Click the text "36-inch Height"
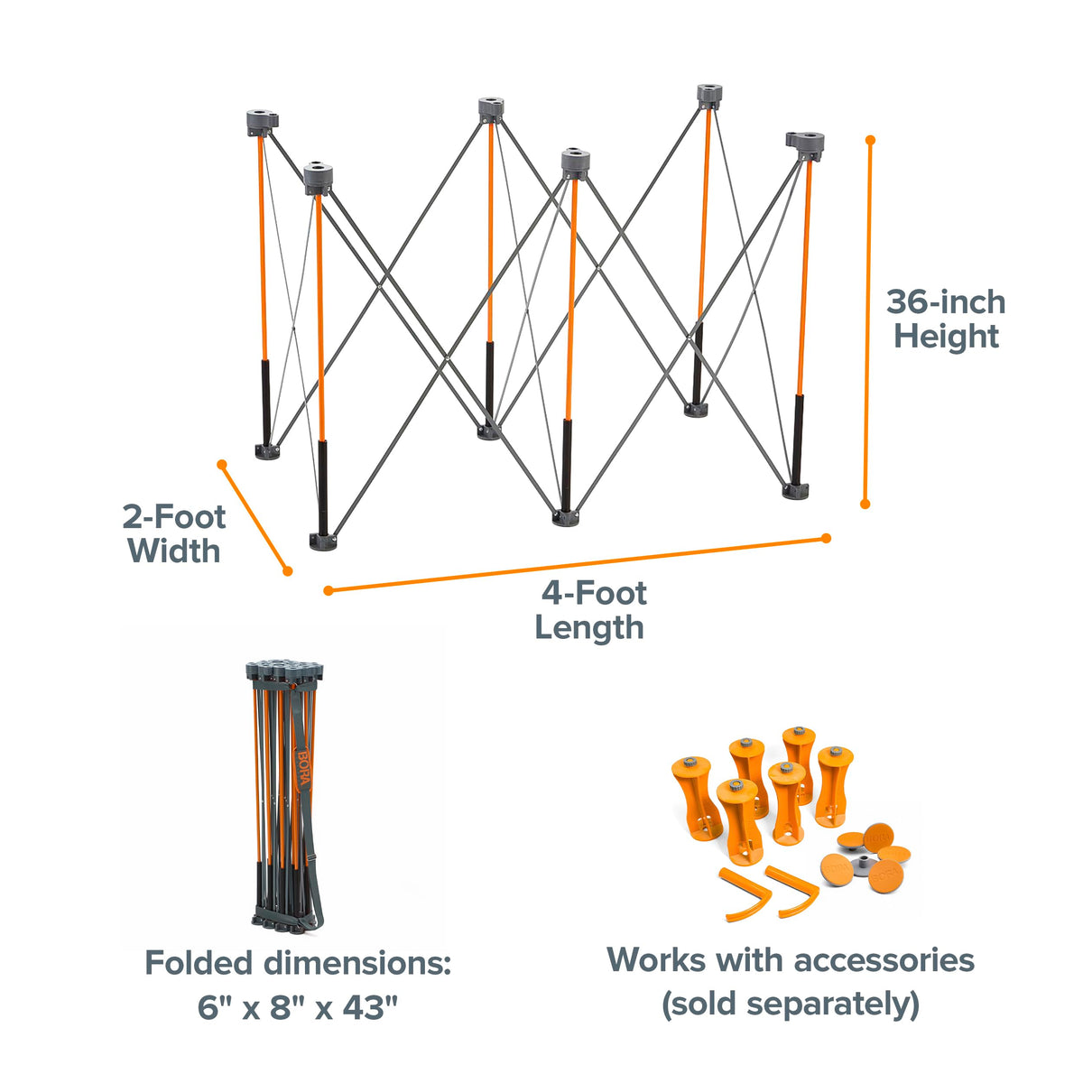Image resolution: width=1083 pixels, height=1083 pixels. click(946, 319)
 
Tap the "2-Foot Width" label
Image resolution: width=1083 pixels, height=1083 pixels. click(174, 533)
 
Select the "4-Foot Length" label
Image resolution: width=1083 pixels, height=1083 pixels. click(590, 610)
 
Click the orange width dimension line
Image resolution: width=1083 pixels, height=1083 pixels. click(255, 517)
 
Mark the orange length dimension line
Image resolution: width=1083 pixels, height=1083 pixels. click(578, 565)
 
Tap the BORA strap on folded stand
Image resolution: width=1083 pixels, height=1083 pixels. click(302, 767)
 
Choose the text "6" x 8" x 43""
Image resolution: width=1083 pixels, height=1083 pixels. click(298, 1007)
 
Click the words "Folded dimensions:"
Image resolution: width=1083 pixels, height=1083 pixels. click(298, 963)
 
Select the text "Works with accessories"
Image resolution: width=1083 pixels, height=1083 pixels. click(791, 959)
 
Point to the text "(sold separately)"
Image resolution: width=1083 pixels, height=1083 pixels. click(791, 1003)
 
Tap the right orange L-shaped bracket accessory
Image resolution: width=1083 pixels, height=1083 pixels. click(792, 890)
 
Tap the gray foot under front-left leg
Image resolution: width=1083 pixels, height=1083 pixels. click(322, 541)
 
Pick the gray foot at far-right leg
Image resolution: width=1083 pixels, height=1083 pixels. click(795, 490)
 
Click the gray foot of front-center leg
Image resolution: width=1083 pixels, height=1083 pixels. click(566, 517)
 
